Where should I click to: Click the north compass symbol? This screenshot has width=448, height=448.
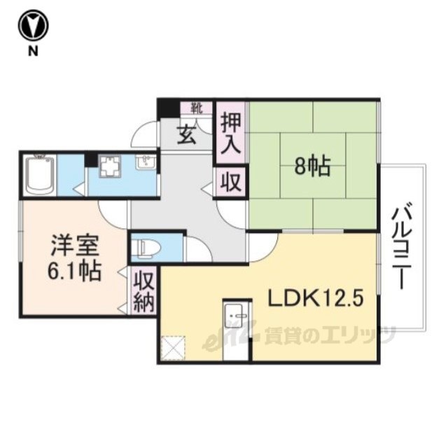point(33,26)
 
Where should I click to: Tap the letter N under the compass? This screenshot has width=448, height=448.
point(33,51)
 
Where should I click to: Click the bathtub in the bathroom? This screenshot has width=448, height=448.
point(40,176)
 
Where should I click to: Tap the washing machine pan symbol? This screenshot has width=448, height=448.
point(110,166)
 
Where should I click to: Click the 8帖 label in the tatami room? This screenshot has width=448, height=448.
point(313,167)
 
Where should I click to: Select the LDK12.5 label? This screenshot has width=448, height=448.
point(316,299)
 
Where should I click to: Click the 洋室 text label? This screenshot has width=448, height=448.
point(75,246)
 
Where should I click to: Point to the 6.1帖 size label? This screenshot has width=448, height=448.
point(74,271)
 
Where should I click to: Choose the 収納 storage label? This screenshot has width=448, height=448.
point(144,291)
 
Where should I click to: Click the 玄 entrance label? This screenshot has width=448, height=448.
point(187,135)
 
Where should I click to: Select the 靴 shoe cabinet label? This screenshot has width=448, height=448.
point(197,108)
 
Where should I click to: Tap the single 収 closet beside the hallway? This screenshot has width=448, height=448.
point(230,183)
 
